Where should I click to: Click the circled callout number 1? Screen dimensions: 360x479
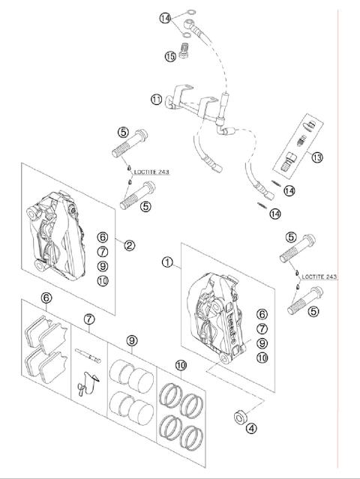[167, 262]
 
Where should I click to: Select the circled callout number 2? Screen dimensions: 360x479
[129, 245]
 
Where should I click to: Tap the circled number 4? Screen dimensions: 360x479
[251, 428]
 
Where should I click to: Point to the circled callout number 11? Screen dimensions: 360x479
[156, 100]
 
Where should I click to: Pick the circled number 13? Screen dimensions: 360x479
[317, 157]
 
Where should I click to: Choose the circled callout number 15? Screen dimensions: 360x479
[170, 56]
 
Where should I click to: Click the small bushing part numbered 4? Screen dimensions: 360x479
[240, 418]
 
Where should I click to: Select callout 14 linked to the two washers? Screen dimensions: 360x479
[165, 18]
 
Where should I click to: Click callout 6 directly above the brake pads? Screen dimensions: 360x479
[46, 298]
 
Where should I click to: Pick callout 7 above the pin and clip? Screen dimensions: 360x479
[89, 319]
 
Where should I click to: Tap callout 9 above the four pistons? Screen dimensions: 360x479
[132, 340]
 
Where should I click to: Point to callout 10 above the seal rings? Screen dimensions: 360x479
[181, 365]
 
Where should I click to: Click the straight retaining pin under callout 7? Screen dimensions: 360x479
[88, 356]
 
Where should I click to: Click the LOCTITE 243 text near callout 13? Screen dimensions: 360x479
[319, 277]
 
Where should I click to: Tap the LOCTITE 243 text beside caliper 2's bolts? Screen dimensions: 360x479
[151, 172]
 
